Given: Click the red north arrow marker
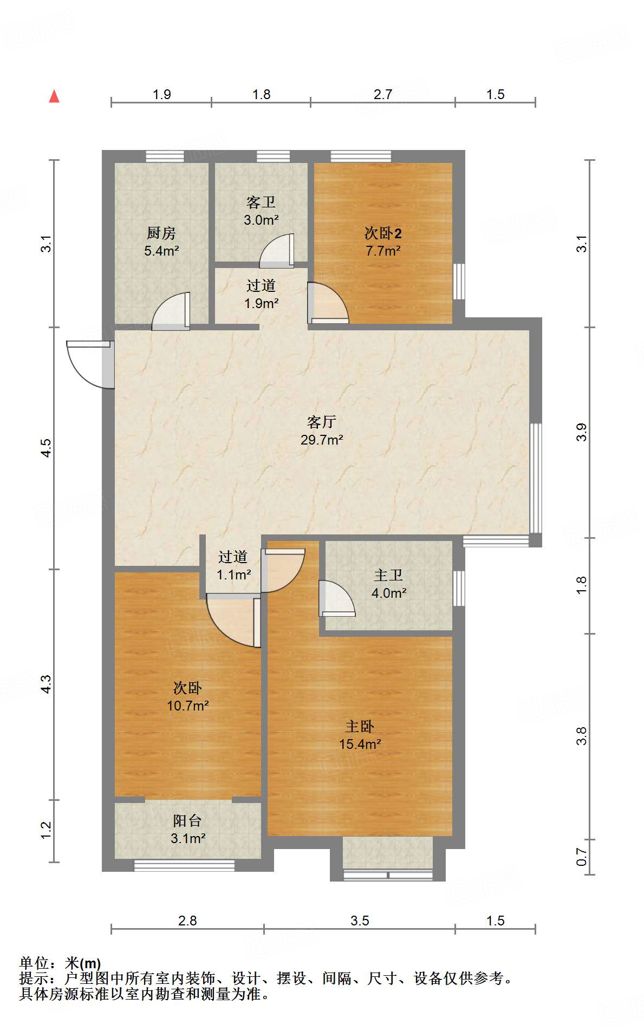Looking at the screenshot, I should pyautogui.click(x=54, y=96).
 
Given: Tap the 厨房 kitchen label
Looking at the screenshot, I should pyautogui.click(x=161, y=242).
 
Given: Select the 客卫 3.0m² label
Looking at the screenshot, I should pyautogui.click(x=261, y=211).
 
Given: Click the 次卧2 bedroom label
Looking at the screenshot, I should pyautogui.click(x=383, y=242).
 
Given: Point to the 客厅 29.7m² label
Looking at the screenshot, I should pyautogui.click(x=322, y=430).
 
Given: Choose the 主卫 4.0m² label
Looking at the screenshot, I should pyautogui.click(x=388, y=584).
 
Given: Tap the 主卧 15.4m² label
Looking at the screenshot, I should pyautogui.click(x=360, y=735).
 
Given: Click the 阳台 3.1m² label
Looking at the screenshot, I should pyautogui.click(x=187, y=830).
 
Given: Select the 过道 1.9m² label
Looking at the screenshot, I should pyautogui.click(x=261, y=294).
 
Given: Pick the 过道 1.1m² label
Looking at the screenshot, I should pyautogui.click(x=233, y=565).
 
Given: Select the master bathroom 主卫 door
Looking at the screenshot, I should pyautogui.click(x=336, y=599).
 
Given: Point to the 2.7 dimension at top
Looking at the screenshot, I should pyautogui.click(x=382, y=95).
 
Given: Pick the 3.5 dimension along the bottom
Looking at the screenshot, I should pyautogui.click(x=360, y=921).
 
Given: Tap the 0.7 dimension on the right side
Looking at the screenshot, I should pyautogui.click(x=581, y=857).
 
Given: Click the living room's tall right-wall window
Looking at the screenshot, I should pyautogui.click(x=535, y=478).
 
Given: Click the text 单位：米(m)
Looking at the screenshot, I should pyautogui.click(x=60, y=963).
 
